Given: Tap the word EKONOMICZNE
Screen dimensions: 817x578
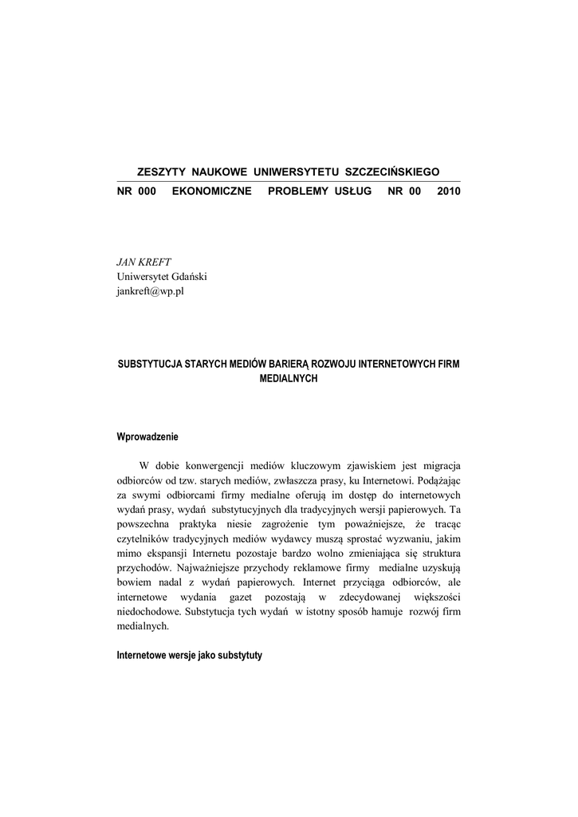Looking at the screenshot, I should click(211, 192).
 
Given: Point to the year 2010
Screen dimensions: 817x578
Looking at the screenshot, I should click(449, 192).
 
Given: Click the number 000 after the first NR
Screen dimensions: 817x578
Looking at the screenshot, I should click(147, 192).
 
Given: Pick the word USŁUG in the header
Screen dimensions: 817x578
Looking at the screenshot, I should click(353, 192).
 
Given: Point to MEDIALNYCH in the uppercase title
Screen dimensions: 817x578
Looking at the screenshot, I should click(289, 379).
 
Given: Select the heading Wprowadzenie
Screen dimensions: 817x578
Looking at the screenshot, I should click(148, 436).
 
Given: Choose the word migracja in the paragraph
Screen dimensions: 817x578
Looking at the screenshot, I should click(438, 465).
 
